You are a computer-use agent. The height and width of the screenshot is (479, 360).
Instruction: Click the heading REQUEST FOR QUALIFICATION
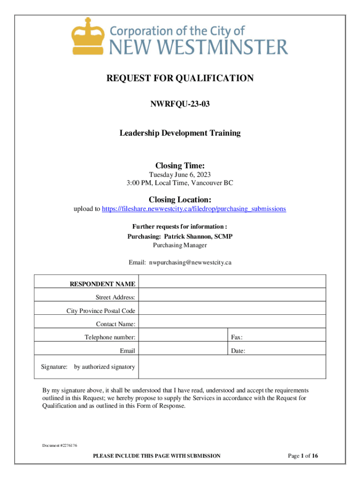(x=180, y=78)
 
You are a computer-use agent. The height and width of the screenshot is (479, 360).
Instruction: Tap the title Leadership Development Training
(x=180, y=133)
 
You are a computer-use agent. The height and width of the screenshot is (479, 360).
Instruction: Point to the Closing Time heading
(x=180, y=166)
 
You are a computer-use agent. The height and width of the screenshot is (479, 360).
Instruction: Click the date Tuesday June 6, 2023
(x=180, y=175)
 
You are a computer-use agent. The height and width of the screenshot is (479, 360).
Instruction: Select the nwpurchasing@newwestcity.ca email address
(x=190, y=262)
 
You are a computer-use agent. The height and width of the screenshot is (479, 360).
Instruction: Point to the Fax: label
(x=237, y=337)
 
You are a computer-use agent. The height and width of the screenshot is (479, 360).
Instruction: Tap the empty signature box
(x=231, y=367)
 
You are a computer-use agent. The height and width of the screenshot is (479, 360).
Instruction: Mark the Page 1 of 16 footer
(x=303, y=456)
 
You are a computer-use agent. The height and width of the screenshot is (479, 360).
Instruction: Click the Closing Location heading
(x=180, y=200)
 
